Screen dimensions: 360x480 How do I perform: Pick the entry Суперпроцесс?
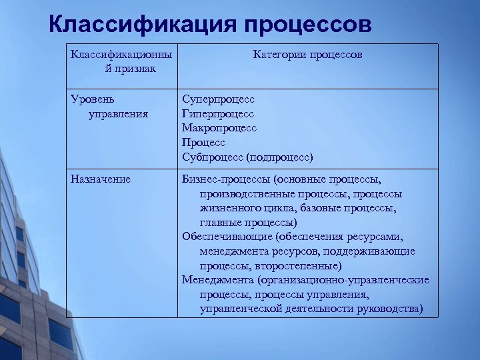(219, 99)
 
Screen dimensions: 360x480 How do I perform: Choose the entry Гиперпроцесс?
(217, 113)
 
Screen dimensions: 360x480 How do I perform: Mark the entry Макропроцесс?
(219, 127)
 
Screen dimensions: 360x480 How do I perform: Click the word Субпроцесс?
(213, 157)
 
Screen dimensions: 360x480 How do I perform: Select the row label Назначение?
(100, 179)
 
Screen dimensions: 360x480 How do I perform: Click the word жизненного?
(230, 207)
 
